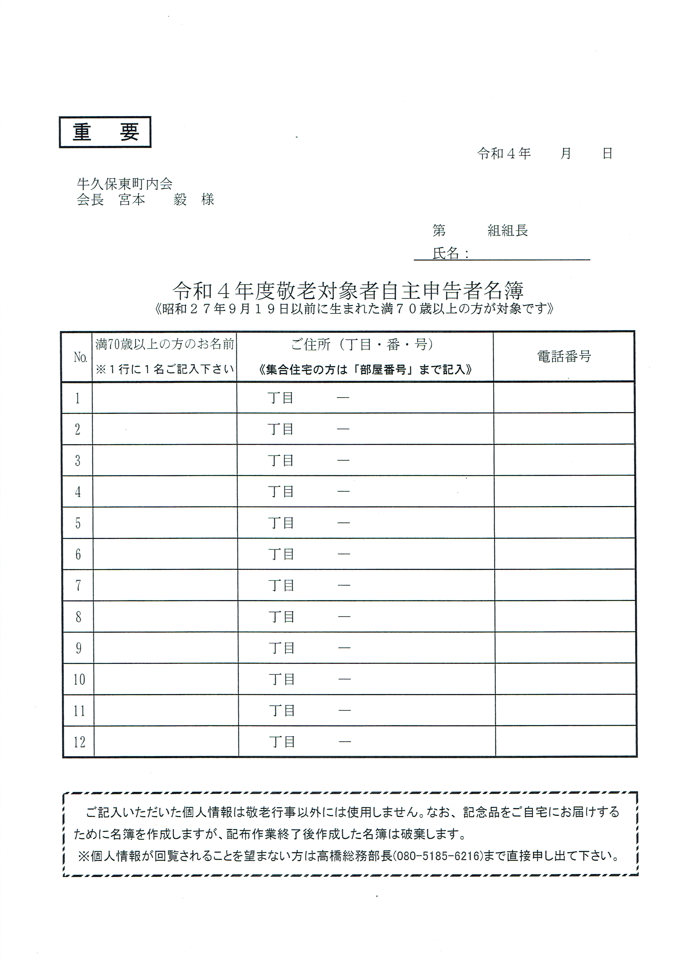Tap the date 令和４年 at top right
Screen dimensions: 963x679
pyautogui.click(x=504, y=153)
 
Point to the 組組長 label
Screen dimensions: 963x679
pyautogui.click(x=508, y=230)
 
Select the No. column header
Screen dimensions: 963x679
pyautogui.click(x=80, y=357)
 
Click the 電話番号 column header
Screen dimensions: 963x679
pyautogui.click(x=564, y=357)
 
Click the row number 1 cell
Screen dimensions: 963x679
pyautogui.click(x=78, y=398)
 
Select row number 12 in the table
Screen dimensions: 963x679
pyautogui.click(x=79, y=742)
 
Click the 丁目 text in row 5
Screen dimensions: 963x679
pyautogui.click(x=281, y=523)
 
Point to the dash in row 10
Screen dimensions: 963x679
pyautogui.click(x=344, y=679)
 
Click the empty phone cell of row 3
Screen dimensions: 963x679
pyautogui.click(x=564, y=460)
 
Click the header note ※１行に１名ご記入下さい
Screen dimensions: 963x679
pyautogui.click(x=164, y=369)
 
